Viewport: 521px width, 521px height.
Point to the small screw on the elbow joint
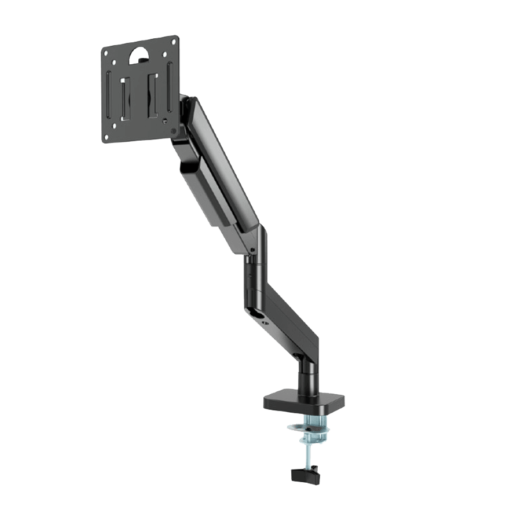point(252,250)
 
